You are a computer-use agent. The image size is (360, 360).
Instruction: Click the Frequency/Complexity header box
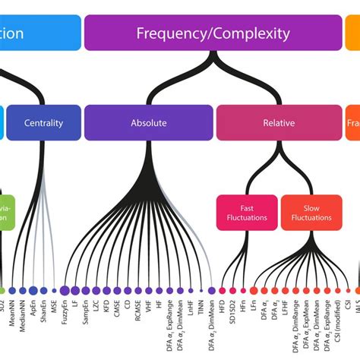tap(213, 33)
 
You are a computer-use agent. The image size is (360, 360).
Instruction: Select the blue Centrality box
tap(43, 122)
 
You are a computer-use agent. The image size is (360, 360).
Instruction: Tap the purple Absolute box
tap(149, 122)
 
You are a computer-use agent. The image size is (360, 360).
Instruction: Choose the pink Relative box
tap(279, 122)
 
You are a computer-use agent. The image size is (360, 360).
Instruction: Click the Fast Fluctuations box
tap(246, 212)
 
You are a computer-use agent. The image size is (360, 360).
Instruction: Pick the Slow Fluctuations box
tap(311, 212)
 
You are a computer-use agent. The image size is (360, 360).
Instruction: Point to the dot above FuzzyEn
tap(65, 289)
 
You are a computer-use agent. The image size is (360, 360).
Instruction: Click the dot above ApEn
tap(33, 289)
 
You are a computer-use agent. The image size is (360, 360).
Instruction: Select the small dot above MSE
tap(55, 289)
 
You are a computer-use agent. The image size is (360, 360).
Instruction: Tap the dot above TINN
tap(201, 289)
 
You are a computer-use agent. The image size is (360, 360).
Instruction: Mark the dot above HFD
tap(222, 290)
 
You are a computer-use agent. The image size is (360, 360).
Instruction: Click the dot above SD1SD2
tap(232, 290)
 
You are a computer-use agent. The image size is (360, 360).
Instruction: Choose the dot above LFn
tap(253, 290)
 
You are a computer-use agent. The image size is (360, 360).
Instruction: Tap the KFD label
tap(107, 306)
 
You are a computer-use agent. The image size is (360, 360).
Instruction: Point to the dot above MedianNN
tap(23, 289)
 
